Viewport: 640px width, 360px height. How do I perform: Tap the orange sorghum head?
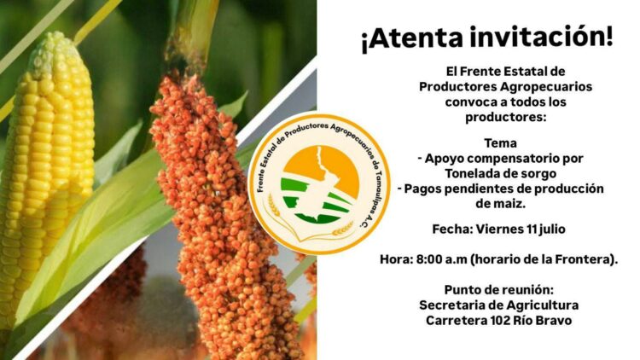coord(213,213)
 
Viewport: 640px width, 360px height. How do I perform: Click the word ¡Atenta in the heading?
coord(410,39)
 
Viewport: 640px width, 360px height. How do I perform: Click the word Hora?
coord(397,258)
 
